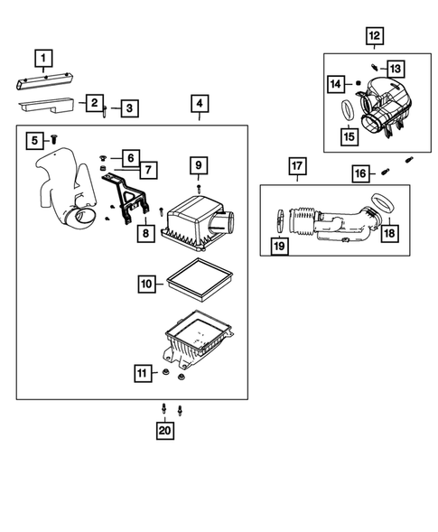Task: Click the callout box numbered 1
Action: [43, 59]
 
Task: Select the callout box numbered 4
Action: [200, 103]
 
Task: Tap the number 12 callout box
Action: [375, 35]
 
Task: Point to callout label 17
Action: [297, 166]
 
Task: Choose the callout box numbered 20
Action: [165, 430]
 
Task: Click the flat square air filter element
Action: [199, 280]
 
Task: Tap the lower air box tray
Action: [197, 340]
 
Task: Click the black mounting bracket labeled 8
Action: [126, 198]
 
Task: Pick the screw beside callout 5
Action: [53, 139]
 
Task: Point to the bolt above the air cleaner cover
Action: [199, 189]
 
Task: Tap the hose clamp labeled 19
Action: [280, 221]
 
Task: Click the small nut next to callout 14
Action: [358, 83]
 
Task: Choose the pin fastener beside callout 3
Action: [105, 111]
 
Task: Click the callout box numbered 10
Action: [147, 284]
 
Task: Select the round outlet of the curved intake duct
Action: [82, 219]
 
